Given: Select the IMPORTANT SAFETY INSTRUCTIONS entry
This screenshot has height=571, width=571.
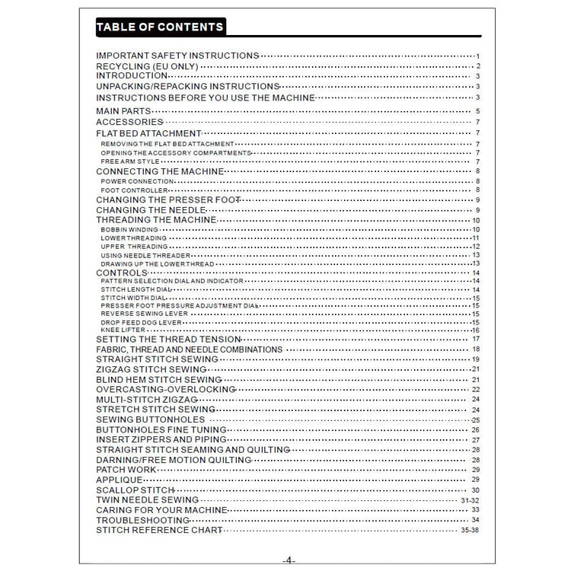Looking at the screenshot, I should click(x=177, y=56).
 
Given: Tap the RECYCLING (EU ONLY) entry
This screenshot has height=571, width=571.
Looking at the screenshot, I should click(x=147, y=66).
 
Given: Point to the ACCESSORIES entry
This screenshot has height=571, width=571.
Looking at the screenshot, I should click(x=129, y=122).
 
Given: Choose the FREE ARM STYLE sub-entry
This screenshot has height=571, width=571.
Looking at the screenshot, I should click(x=130, y=161).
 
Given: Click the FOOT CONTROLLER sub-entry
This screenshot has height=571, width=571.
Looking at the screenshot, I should click(x=134, y=190).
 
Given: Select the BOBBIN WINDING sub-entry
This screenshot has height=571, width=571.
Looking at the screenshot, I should click(x=129, y=229).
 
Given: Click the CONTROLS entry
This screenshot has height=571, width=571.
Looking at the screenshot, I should click(x=121, y=272).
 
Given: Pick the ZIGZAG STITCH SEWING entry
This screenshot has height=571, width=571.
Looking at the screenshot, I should click(x=152, y=369).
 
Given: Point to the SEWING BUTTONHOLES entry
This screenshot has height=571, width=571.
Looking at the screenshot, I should click(x=150, y=419).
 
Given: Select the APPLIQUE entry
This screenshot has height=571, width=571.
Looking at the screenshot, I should click(x=119, y=480).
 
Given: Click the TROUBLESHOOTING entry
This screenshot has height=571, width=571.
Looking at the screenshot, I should click(x=142, y=519).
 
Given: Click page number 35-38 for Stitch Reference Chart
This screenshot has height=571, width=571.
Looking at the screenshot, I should click(x=470, y=529).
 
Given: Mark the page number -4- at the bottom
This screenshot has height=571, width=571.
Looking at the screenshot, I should click(x=289, y=560).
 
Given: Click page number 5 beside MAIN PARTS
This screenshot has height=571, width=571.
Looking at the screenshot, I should click(x=477, y=112).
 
